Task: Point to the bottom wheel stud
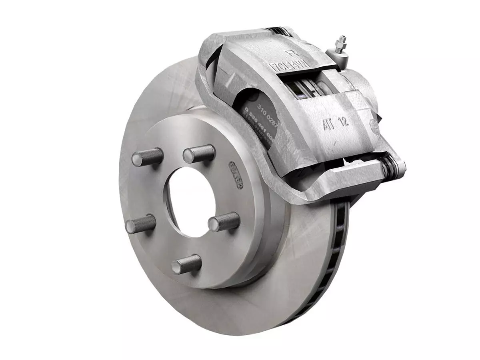point(186,264)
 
